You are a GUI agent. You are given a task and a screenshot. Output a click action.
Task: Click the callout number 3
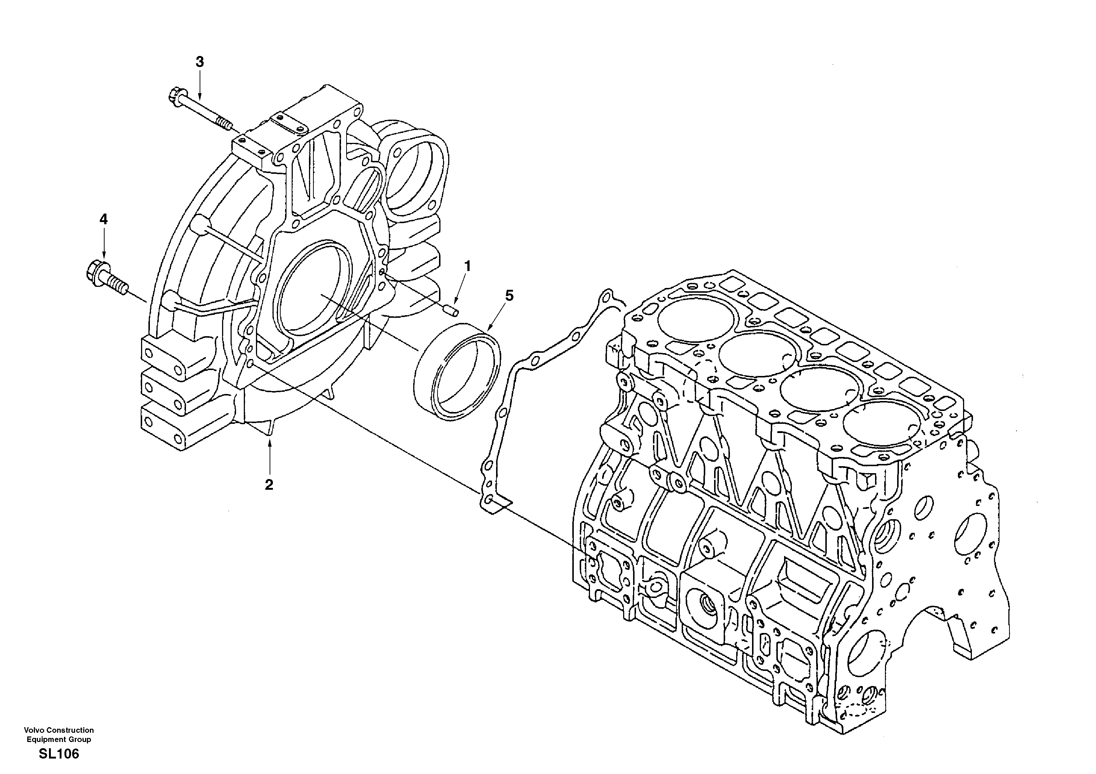(200, 61)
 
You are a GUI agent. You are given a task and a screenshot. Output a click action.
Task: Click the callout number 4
(103, 219)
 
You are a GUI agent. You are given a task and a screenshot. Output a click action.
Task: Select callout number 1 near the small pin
(468, 266)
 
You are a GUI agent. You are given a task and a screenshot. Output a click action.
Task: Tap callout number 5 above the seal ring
(509, 296)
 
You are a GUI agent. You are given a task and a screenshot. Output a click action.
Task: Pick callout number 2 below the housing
(269, 485)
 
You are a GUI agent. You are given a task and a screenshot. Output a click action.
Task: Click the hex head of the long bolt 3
(174, 95)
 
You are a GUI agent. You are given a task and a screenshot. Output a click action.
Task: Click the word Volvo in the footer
(34, 730)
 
